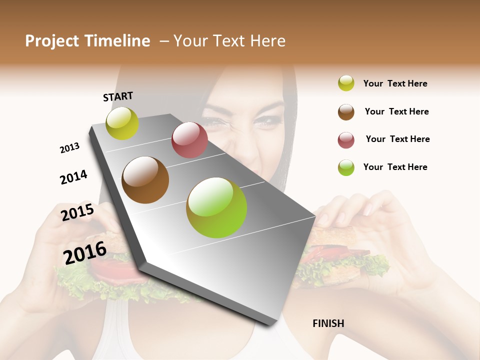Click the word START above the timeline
point(118,96)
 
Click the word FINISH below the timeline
point(328,323)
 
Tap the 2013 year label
point(69,148)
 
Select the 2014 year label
point(73,177)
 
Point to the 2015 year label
point(77,212)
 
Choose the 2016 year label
point(85,252)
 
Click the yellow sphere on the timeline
point(122,123)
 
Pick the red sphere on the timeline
point(189,140)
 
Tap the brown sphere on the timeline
point(145,180)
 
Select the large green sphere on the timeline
point(216,207)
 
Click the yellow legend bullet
point(346,83)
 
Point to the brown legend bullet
point(346,111)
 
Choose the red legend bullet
point(346,139)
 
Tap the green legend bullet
point(346,167)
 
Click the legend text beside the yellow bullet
point(395,83)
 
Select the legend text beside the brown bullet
point(396,111)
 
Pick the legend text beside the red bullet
point(397,139)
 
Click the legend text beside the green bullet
point(395,167)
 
